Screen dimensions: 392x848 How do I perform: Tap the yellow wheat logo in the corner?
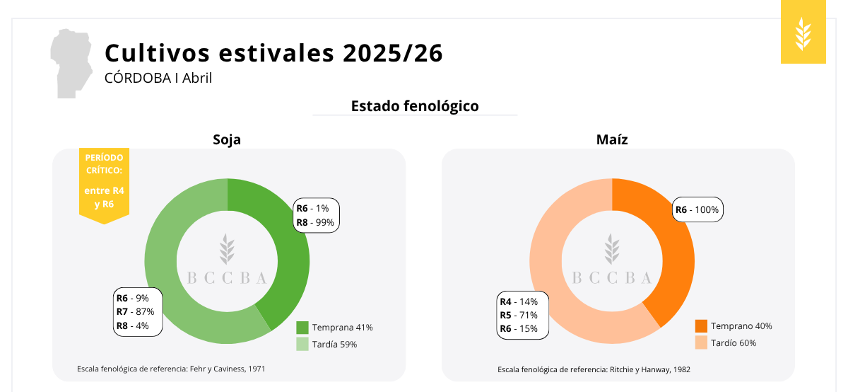pos(803,33)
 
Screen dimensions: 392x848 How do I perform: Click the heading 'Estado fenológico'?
pos(415,106)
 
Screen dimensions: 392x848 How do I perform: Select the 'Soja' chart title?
pos(227,139)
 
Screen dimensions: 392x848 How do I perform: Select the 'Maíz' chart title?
pos(612,139)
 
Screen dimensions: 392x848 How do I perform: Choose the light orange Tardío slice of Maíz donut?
pos(558,283)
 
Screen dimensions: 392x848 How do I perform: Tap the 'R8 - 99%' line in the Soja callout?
pos(315,222)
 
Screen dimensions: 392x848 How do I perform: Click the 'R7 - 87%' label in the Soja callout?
pos(136,312)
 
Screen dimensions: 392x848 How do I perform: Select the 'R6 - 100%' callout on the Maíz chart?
pos(697,209)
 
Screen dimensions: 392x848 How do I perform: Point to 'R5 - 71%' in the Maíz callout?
pos(519,315)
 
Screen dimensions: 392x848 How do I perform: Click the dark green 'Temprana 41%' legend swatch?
pos(302,328)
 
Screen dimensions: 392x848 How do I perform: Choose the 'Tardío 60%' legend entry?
pos(733,343)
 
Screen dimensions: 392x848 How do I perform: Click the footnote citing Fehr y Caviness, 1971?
pos(171,369)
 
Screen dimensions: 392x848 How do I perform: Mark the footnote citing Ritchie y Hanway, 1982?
pos(594,369)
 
